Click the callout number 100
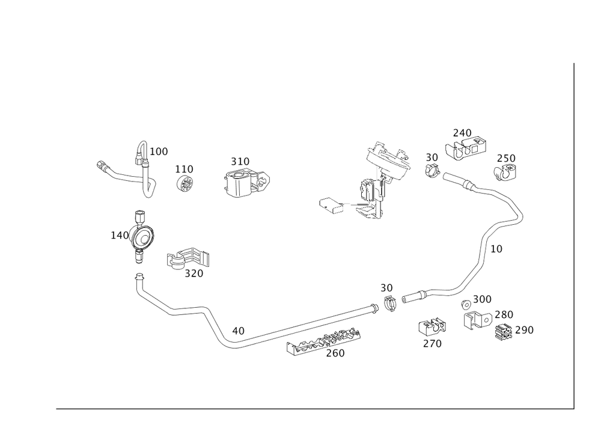(159, 151)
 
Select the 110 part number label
(183, 169)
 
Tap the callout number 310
(240, 161)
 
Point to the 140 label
(118, 234)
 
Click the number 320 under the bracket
(193, 274)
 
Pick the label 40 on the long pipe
(238, 330)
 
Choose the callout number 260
(335, 353)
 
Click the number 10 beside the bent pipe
(496, 248)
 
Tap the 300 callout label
(482, 299)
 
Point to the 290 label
(523, 329)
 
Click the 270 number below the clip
(432, 344)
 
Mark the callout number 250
(506, 158)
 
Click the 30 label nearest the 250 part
(432, 157)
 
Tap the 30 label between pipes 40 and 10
(386, 287)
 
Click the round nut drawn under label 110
(185, 183)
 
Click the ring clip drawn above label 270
(432, 327)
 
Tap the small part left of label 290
(504, 331)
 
